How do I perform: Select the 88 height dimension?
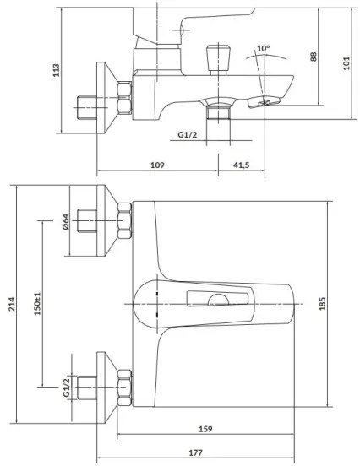point(313,57)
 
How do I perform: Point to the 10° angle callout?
point(264,49)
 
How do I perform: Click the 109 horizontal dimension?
point(157,165)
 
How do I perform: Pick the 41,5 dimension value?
point(240,165)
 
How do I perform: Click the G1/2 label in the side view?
point(188,135)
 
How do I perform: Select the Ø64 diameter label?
point(65,222)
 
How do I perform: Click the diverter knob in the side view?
point(215,58)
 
